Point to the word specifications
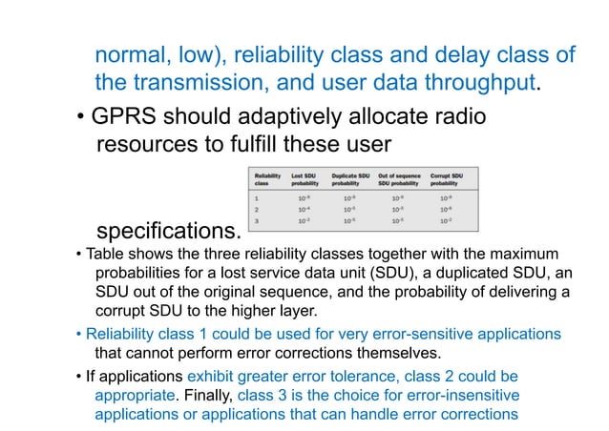tap(167, 232)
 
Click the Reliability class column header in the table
tap(267, 180)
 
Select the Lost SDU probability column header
tap(306, 180)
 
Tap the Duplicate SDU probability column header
tap(350, 180)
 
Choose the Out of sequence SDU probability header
tap(400, 180)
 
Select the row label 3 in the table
tap(255, 220)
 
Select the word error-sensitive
tap(405, 334)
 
